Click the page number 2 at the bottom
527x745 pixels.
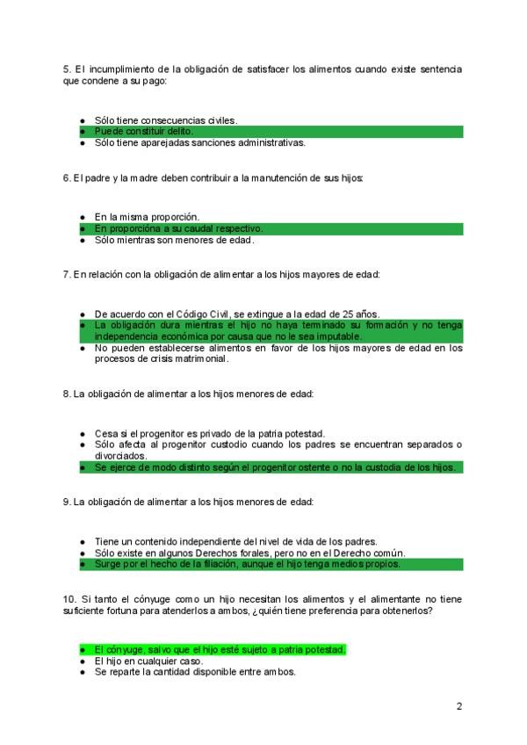tap(458, 705)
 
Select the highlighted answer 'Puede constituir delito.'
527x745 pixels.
tap(144, 131)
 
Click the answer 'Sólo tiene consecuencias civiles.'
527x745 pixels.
tap(166, 119)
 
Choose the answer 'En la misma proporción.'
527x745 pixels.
tap(147, 216)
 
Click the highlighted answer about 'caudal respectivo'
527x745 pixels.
tap(178, 228)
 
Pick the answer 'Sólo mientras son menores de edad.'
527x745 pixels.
tap(174, 239)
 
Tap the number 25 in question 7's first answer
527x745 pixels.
tap(348, 314)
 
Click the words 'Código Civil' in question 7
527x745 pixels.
tap(203, 314)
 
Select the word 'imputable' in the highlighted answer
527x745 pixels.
tap(336, 336)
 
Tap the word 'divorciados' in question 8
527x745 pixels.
tap(122, 456)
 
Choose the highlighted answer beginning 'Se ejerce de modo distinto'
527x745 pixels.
tap(274, 467)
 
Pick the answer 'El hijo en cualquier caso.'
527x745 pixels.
tap(148, 661)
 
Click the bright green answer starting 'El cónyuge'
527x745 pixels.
tap(220, 649)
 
